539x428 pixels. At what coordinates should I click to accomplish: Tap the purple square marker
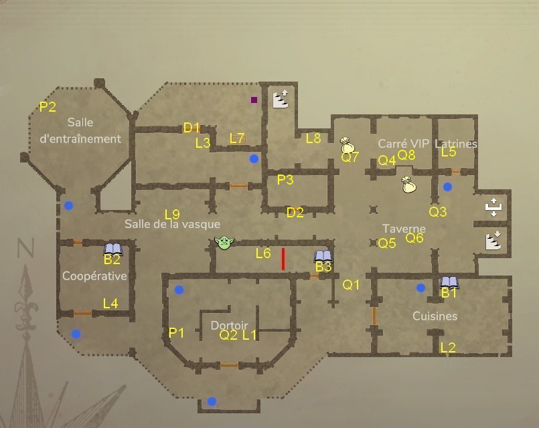point(254,100)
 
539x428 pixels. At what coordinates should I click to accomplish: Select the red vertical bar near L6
point(283,259)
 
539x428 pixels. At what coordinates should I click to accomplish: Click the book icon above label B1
point(449,282)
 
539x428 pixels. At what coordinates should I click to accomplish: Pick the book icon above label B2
point(113,249)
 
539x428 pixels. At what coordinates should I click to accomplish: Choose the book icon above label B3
point(323,256)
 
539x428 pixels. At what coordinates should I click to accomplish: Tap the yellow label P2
point(48,106)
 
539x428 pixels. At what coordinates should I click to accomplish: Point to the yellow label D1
point(191,128)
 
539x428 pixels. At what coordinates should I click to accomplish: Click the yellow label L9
point(171,215)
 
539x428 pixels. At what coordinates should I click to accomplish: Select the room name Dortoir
point(229,326)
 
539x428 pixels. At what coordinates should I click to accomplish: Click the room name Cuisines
point(435,316)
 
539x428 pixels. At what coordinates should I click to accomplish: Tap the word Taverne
point(404,228)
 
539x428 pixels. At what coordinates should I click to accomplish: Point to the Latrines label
point(456,143)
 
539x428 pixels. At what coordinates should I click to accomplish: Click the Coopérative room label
point(94,276)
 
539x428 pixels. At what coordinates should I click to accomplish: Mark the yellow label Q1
point(352,285)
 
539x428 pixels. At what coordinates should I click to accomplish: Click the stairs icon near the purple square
point(281,99)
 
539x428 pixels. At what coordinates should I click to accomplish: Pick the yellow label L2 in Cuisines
point(448,347)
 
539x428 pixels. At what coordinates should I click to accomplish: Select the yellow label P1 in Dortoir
point(177,332)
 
